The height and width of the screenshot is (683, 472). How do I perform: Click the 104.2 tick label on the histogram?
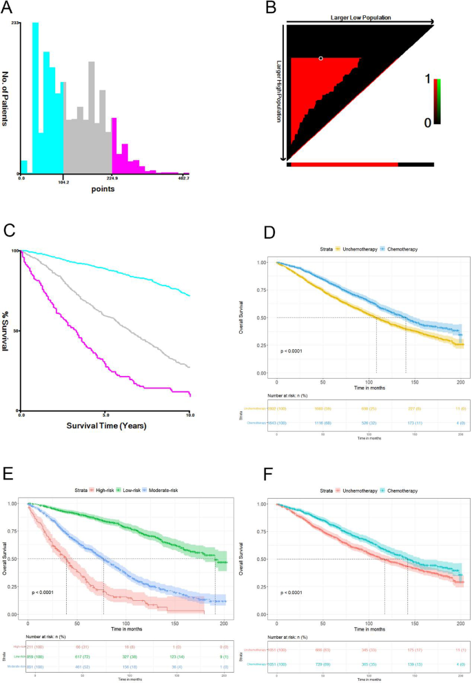click(63, 179)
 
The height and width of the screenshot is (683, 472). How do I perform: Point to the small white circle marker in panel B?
click(320, 59)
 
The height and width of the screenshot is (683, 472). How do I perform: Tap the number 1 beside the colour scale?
click(428, 81)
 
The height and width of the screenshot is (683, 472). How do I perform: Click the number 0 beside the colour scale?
click(428, 121)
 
